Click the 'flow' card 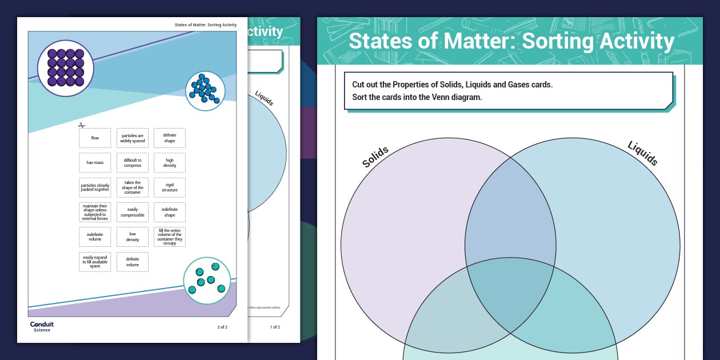coord(95,138)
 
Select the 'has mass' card coord(95,163)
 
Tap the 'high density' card coord(170,163)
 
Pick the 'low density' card coord(133,237)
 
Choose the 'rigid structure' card coord(170,187)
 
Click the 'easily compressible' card coord(133,212)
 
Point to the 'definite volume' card coord(133,262)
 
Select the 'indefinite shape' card coord(170,212)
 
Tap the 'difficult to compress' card coord(133,163)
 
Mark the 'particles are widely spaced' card coord(133,138)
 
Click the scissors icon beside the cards coord(82,126)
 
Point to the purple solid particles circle coord(66,68)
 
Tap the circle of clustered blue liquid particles coord(205,90)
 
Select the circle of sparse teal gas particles coord(207,280)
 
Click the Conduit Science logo coord(41,326)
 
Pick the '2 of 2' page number coord(222,327)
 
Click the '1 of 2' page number coord(275,327)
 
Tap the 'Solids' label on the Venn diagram coord(375,157)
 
